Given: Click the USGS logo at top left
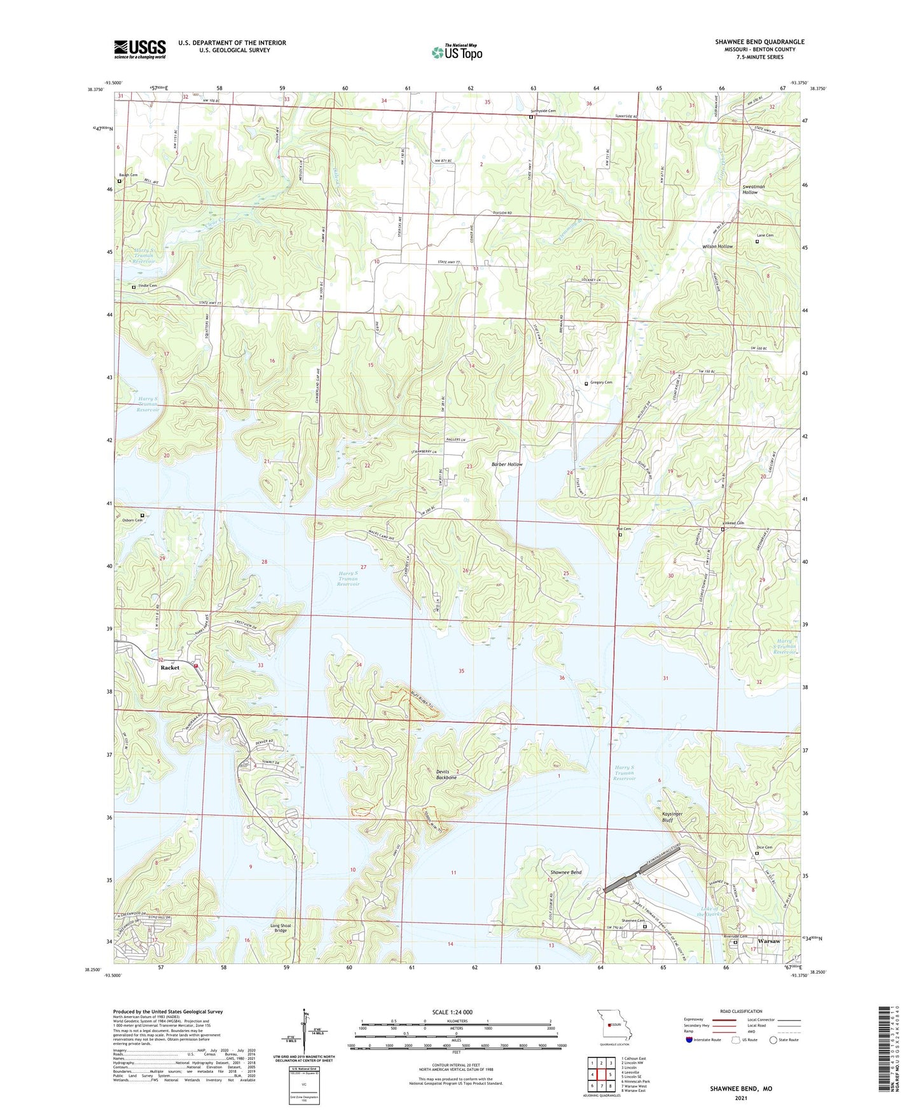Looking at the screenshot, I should (x=140, y=49).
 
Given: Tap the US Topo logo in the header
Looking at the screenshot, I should (x=457, y=52).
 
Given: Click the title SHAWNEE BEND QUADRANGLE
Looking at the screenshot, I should (x=759, y=42).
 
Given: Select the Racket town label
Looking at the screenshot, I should (x=170, y=667).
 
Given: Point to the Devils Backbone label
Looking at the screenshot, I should (x=446, y=774).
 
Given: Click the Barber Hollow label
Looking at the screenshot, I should (x=507, y=465).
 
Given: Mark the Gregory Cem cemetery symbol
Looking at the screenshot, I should (x=586, y=383).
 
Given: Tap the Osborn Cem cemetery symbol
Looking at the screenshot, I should (x=142, y=515).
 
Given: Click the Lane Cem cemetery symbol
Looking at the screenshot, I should (x=757, y=241).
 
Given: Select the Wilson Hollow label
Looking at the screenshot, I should (x=717, y=246).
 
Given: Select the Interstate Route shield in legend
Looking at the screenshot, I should (x=689, y=1040).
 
